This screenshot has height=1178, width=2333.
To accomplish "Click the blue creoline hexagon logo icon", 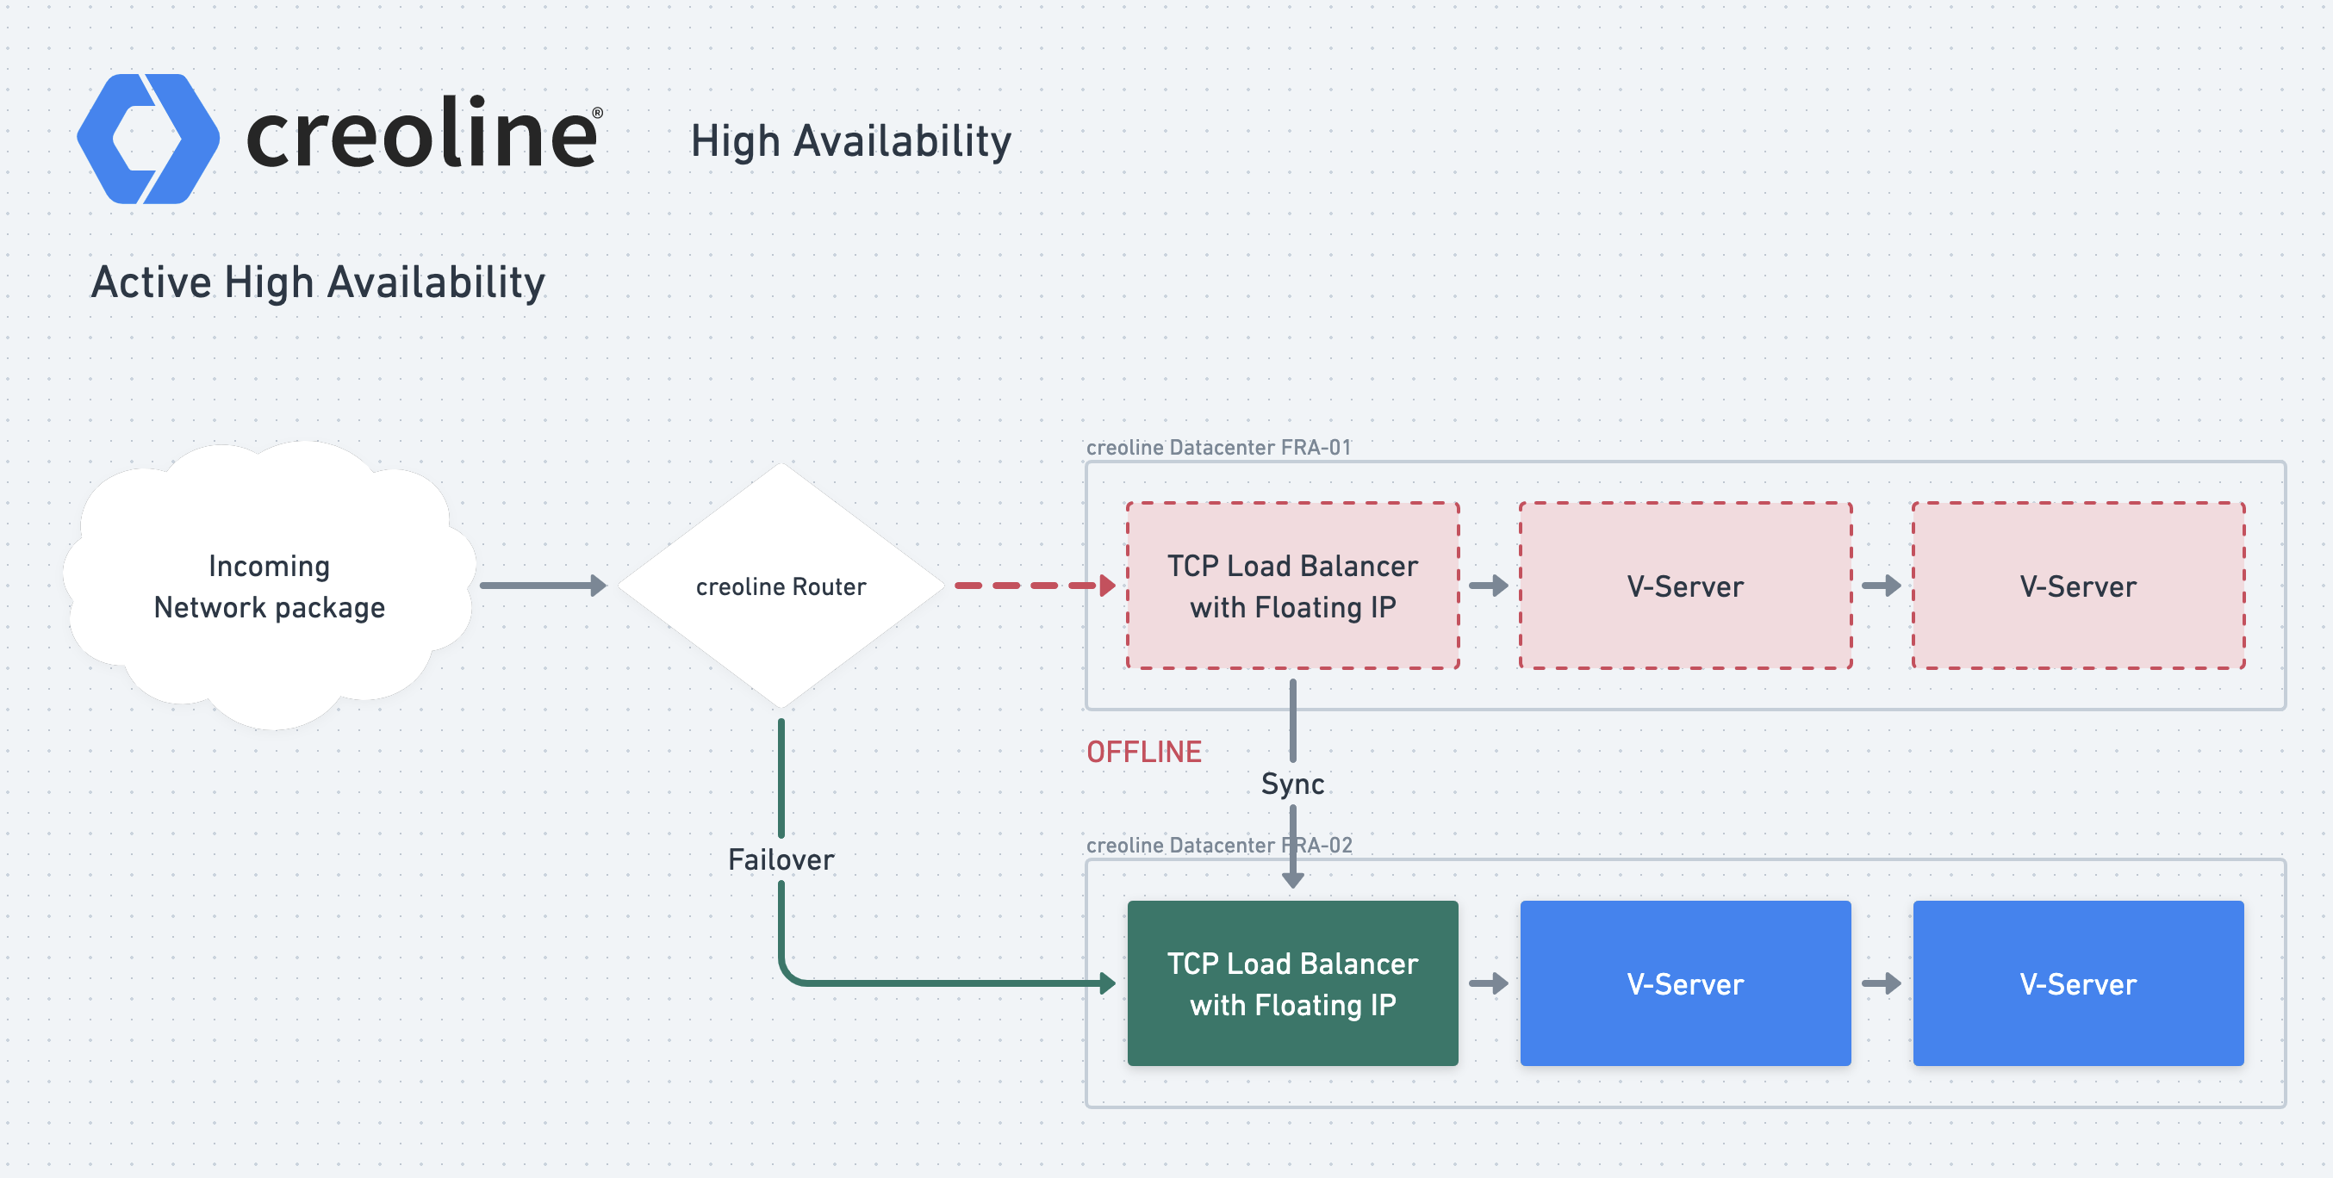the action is tap(147, 139).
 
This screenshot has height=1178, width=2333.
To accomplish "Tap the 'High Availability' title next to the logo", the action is tap(850, 142).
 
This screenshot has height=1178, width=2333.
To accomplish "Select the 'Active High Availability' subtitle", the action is tap(318, 282).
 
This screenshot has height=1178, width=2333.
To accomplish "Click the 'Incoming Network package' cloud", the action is tap(270, 586).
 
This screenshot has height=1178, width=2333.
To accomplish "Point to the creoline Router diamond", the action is tap(781, 586).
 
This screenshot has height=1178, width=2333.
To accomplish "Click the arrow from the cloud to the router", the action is tap(543, 586).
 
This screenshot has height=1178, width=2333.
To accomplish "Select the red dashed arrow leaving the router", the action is tap(1036, 586).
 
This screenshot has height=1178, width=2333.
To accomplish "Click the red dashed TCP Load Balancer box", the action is tap(1292, 586).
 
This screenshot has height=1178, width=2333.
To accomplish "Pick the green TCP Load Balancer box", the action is tap(1292, 983).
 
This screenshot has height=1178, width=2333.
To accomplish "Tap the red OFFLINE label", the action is tap(1144, 753).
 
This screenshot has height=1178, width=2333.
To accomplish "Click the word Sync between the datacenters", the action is tap(1292, 784).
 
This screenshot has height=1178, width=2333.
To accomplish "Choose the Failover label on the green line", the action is tap(781, 860).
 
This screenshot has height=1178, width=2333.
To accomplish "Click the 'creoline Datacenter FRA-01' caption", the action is tap(1218, 447).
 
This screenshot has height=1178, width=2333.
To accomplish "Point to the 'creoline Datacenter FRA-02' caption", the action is tap(1218, 846).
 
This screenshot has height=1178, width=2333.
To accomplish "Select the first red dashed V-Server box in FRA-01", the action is tap(1685, 586).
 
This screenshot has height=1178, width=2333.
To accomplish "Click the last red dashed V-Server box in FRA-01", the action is tap(2079, 586).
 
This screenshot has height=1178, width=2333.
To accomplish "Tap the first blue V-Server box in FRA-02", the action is tap(1685, 983).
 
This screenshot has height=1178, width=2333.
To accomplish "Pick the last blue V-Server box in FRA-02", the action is tap(2079, 983).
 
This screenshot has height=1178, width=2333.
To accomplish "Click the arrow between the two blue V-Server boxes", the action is tap(1882, 983).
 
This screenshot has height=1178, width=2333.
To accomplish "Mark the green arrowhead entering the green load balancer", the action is tap(1108, 983).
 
